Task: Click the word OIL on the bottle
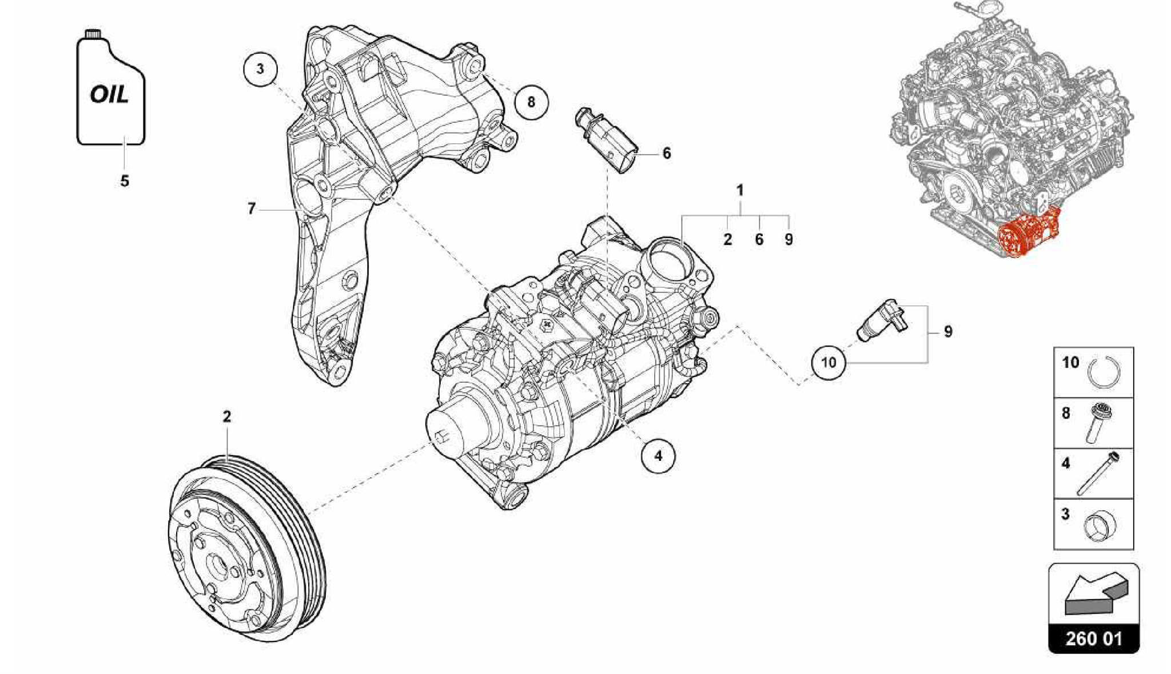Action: click(x=109, y=95)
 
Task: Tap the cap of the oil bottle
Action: click(x=93, y=33)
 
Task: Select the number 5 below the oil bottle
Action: click(x=125, y=181)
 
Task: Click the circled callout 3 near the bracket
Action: click(x=260, y=70)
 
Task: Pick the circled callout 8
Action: click(x=531, y=102)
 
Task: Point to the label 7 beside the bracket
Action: click(x=252, y=209)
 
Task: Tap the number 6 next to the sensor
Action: click(x=666, y=153)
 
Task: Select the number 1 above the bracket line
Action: click(x=740, y=190)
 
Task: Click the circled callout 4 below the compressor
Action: click(x=658, y=456)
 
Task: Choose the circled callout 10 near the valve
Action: click(x=829, y=362)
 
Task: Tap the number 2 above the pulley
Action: click(x=227, y=416)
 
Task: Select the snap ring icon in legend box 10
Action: click(x=1104, y=373)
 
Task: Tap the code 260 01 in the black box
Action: click(x=1093, y=638)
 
